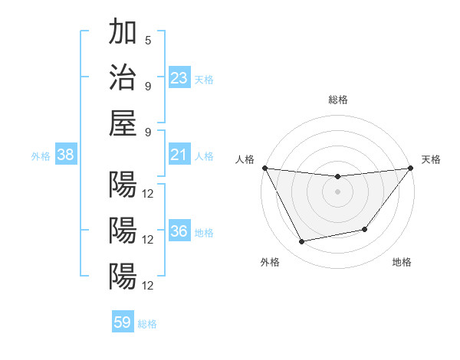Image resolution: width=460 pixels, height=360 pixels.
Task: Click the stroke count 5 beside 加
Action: click(147, 41)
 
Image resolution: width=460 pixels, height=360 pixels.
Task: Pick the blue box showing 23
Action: click(179, 78)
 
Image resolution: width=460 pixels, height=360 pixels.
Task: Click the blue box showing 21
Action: click(179, 155)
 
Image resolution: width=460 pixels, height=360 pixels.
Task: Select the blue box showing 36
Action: click(179, 232)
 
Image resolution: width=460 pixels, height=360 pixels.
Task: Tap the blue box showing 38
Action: click(66, 155)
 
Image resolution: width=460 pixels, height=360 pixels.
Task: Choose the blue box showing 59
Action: click(123, 322)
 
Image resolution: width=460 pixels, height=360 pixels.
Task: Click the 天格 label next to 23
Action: click(204, 79)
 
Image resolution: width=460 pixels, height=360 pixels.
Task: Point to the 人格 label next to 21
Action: click(204, 156)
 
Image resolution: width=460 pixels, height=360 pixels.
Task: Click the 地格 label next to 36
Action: click(204, 233)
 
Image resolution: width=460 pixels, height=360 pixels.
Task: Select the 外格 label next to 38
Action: click(41, 156)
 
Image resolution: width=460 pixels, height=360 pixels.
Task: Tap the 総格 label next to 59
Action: click(147, 323)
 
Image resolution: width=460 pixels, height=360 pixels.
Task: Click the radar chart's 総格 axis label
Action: click(337, 100)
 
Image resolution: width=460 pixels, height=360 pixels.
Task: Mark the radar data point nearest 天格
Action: click(410, 169)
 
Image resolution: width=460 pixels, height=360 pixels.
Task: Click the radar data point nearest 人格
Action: click(264, 168)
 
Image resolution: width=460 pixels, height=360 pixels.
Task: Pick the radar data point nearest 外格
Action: click(302, 242)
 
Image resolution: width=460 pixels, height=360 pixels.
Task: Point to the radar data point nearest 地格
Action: click(365, 229)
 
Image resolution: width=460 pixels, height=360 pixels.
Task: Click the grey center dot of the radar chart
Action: click(337, 191)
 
